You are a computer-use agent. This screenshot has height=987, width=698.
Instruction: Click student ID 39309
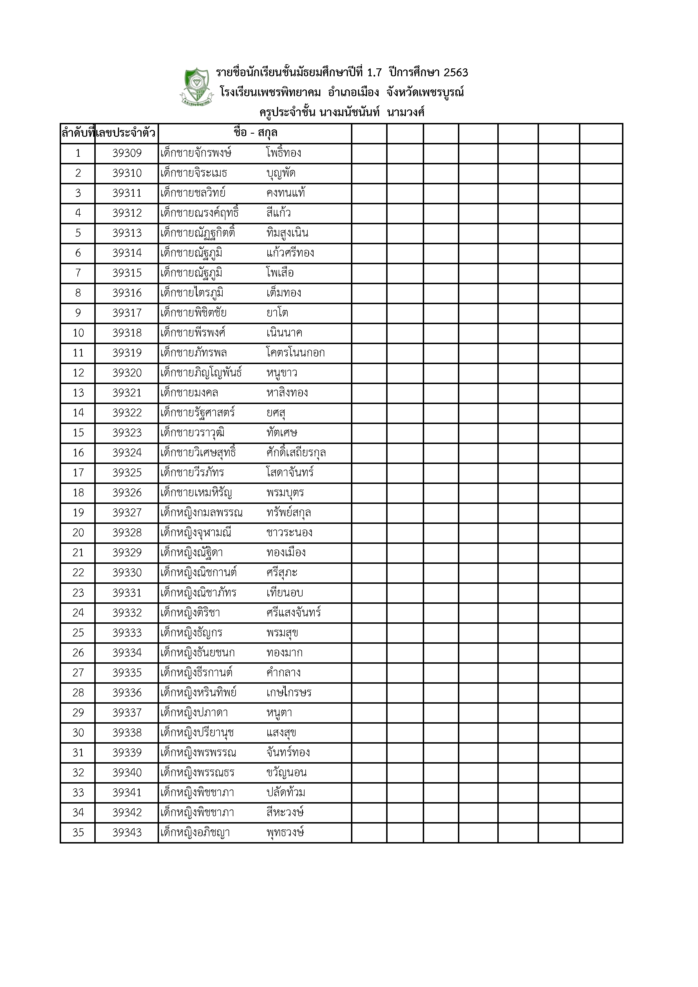(127, 153)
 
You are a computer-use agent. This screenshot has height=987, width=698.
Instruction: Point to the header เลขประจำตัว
(126, 133)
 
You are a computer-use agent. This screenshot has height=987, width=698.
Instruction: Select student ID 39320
(127, 373)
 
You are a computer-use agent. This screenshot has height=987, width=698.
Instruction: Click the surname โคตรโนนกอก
(296, 353)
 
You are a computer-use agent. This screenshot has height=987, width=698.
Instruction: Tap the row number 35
(78, 833)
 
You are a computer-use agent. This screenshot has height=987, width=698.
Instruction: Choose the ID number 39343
(127, 833)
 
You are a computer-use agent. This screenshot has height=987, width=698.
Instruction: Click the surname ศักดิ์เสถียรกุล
(296, 453)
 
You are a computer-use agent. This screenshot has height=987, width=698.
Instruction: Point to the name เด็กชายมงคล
(189, 393)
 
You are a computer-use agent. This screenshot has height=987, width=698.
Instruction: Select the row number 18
(78, 493)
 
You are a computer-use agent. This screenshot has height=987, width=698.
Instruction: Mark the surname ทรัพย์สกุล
(288, 513)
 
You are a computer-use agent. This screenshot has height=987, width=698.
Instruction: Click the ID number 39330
(127, 573)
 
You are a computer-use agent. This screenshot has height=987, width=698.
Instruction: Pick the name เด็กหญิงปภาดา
(194, 713)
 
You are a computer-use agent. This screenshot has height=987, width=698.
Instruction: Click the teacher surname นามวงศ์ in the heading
(406, 113)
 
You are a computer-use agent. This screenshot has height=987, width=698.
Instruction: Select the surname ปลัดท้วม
(286, 792)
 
